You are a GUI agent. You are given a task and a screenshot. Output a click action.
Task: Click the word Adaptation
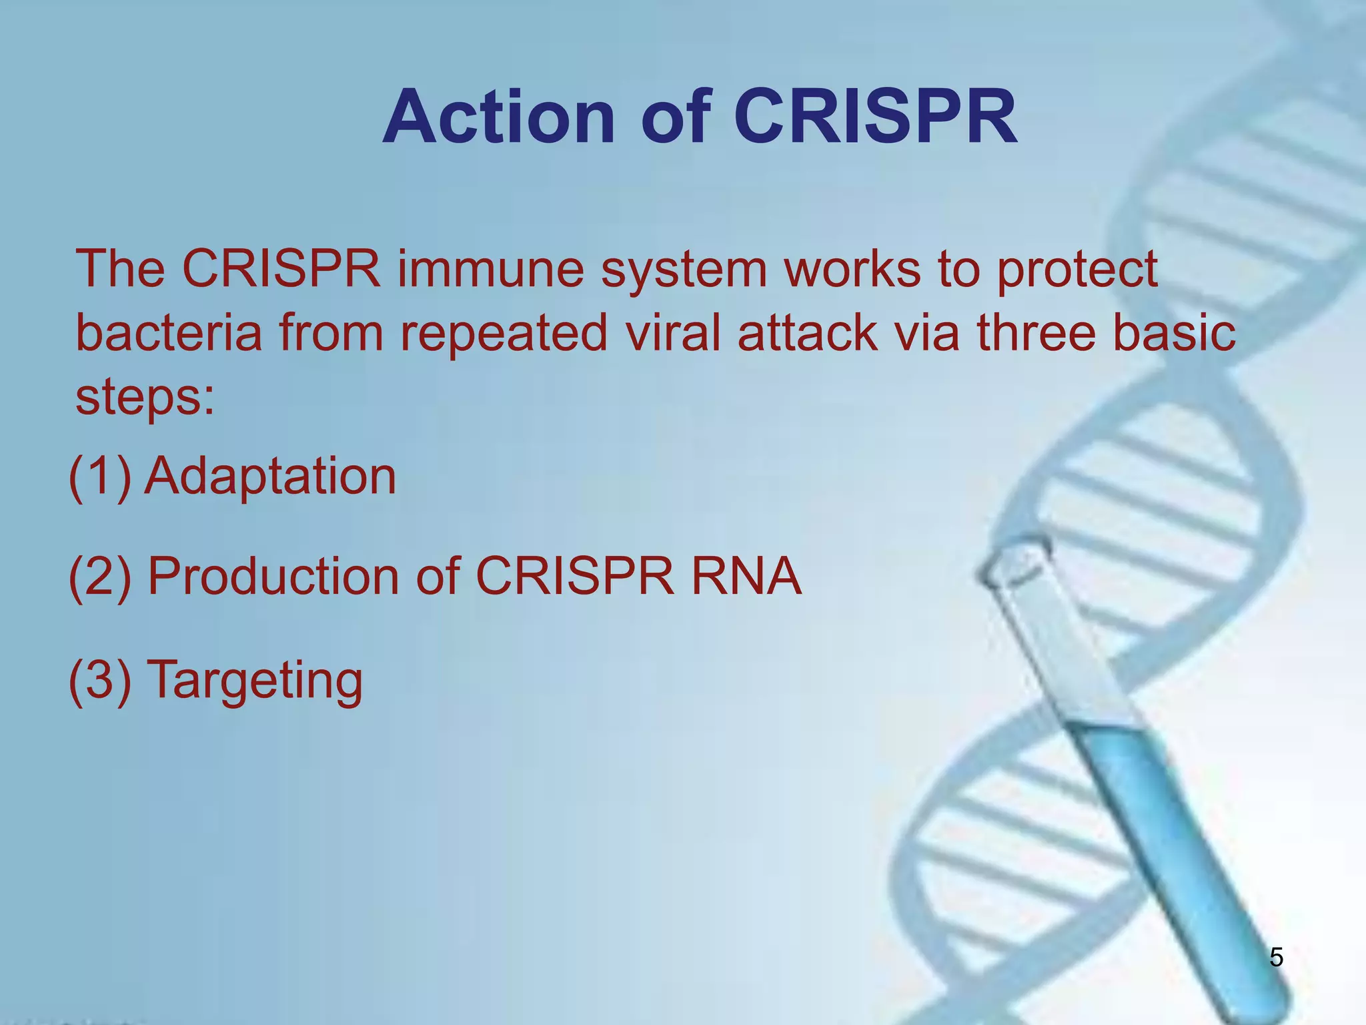pos(271,476)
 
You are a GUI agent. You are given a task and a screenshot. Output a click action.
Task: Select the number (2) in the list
pos(100,577)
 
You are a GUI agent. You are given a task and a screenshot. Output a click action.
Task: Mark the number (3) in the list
pos(100,680)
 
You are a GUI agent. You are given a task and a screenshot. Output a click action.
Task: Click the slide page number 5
pos(1276,958)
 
